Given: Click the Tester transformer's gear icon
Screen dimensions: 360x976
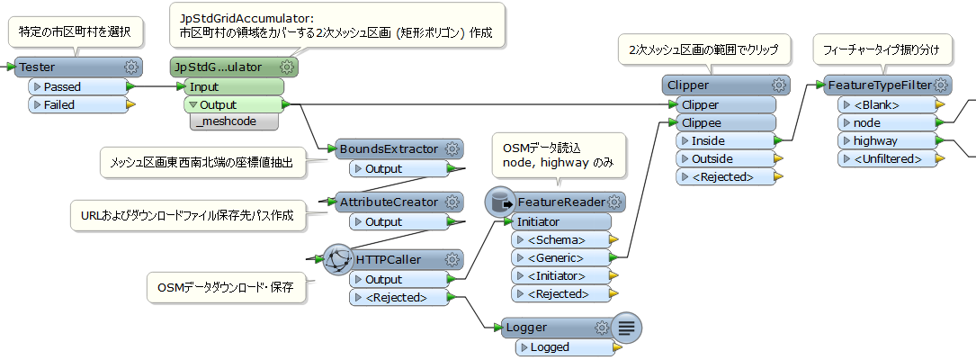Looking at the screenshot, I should (131, 67).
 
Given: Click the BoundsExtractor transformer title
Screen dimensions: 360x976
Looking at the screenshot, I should (389, 149).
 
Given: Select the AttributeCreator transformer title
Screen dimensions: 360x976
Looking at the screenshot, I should (389, 202).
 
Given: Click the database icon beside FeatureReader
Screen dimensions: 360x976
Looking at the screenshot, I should (499, 202).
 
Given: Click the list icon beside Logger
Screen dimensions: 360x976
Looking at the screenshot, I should (627, 328).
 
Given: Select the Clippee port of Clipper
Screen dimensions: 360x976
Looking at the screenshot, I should (721, 122).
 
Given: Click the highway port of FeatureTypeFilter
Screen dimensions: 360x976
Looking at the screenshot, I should (885, 140).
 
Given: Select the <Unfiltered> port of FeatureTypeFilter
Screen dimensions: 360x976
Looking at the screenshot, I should (885, 158).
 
